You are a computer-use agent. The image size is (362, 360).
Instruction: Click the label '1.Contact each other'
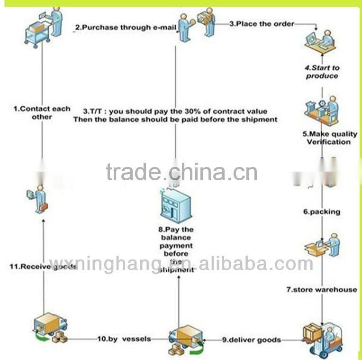tap(42, 113)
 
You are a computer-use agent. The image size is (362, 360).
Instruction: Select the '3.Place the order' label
tap(262, 23)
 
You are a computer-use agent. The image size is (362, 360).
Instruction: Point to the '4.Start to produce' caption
tap(322, 72)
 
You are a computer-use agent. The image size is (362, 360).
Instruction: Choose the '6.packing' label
tap(322, 212)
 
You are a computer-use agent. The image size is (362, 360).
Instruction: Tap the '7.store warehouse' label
tap(321, 289)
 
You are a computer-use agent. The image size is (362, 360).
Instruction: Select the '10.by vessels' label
tap(124, 339)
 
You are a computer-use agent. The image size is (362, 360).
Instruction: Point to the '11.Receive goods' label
tap(43, 266)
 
